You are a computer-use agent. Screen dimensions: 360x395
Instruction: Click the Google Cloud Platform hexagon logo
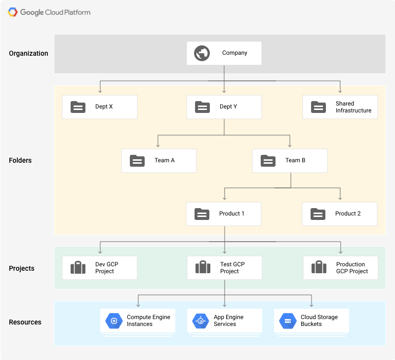(13, 12)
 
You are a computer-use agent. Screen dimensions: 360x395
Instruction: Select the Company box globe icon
(202, 53)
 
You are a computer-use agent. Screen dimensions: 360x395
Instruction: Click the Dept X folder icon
(78, 107)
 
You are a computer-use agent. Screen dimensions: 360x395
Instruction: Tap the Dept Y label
(228, 107)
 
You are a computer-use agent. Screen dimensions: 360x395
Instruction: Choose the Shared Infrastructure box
(340, 107)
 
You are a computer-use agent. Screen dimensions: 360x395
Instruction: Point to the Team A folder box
(159, 161)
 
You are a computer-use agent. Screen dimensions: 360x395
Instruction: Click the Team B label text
(295, 160)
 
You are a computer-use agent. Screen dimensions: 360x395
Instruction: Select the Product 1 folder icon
(202, 214)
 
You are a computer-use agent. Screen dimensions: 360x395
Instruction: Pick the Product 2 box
(340, 214)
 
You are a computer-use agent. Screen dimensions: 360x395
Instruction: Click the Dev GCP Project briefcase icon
(78, 268)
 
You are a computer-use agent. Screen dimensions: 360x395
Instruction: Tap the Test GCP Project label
(232, 268)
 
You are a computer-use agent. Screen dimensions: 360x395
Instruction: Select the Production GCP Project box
(340, 268)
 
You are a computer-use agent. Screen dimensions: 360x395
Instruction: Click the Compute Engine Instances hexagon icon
(114, 321)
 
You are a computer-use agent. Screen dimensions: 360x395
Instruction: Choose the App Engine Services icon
(200, 321)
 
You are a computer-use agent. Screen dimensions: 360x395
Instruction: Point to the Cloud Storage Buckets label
(319, 321)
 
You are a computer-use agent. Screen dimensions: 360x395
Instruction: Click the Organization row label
(29, 53)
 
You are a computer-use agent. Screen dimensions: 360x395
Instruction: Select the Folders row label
(20, 160)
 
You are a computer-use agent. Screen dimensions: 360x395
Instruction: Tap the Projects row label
(22, 268)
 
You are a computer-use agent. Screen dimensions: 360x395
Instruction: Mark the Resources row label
(25, 322)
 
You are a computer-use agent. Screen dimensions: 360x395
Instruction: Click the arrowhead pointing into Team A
(158, 145)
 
